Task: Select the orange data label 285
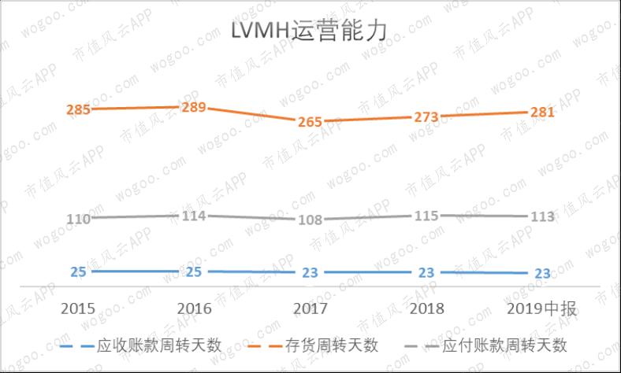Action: pyautogui.click(x=78, y=109)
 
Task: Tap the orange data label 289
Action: pyautogui.click(x=194, y=107)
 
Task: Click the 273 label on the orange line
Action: pyautogui.click(x=426, y=116)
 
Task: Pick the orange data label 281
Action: pyautogui.click(x=541, y=113)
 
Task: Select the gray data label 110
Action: pyautogui.click(x=78, y=219)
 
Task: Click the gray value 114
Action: pyautogui.click(x=194, y=216)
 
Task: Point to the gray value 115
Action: pyautogui.click(x=426, y=215)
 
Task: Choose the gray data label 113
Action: pyautogui.click(x=541, y=216)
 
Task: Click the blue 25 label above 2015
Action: pyautogui.click(x=78, y=271)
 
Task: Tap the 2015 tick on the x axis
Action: pyautogui.click(x=78, y=308)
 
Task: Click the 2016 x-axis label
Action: pyautogui.click(x=194, y=308)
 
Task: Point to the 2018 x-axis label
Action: pyautogui.click(x=426, y=308)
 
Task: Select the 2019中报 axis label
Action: pyautogui.click(x=541, y=308)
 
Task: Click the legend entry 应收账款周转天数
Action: pyautogui.click(x=158, y=345)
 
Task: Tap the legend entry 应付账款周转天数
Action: pyautogui.click(x=504, y=345)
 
